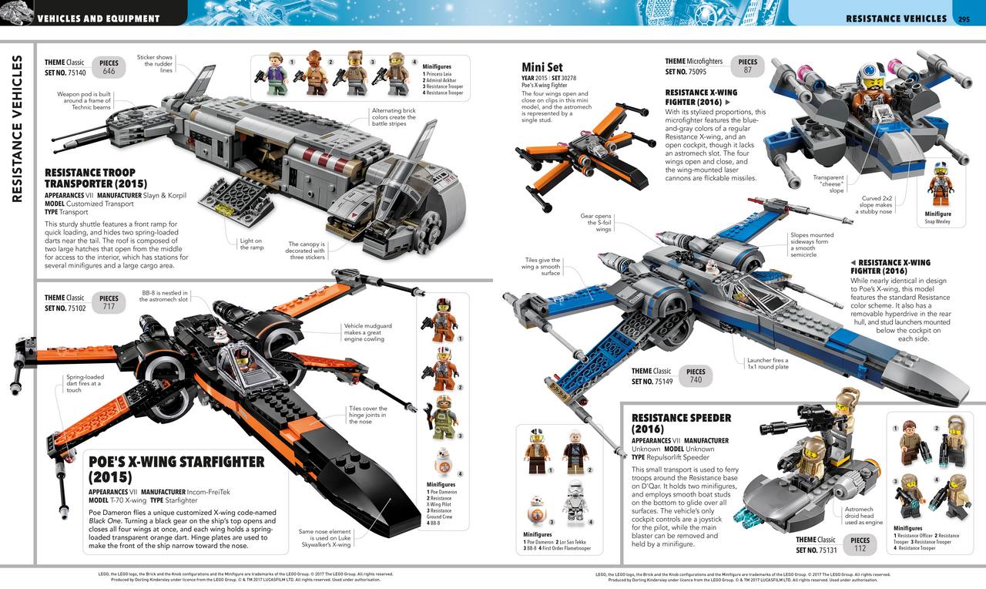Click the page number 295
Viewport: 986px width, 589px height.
point(963,19)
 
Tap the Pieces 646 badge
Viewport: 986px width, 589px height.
point(109,66)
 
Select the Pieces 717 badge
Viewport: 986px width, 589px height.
point(109,302)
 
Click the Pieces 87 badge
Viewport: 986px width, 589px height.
point(747,66)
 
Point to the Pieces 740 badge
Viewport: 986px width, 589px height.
point(696,375)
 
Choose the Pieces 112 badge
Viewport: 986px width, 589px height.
point(860,544)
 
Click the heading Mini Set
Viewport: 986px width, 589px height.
point(542,67)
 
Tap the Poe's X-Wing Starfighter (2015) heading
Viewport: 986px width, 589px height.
point(176,469)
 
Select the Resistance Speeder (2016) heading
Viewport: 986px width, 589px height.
point(682,423)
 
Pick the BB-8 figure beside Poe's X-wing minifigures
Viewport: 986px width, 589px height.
point(444,459)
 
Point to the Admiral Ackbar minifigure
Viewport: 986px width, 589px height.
point(314,73)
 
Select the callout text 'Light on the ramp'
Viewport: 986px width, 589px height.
point(251,244)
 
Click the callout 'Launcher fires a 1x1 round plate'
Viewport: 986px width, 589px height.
point(767,364)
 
